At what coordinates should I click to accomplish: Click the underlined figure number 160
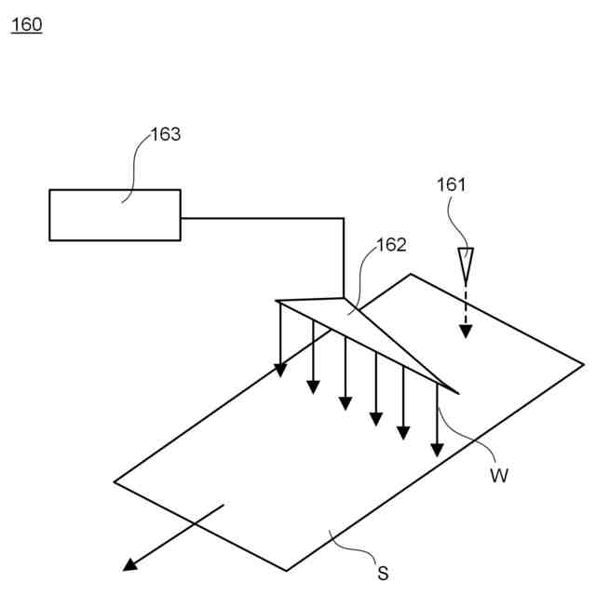click(x=26, y=24)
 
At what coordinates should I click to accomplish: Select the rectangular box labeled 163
click(x=115, y=215)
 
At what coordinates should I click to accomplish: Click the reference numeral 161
click(x=451, y=184)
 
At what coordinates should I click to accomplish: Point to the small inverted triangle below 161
click(x=467, y=262)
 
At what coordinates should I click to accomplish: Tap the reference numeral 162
click(x=391, y=246)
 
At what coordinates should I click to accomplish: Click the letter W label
click(x=499, y=476)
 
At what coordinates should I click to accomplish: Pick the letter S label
click(x=382, y=574)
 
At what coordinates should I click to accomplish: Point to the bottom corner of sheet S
click(x=286, y=571)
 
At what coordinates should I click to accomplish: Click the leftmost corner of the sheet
click(x=115, y=481)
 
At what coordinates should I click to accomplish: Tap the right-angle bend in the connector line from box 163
click(x=344, y=218)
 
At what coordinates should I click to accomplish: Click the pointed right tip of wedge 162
click(x=458, y=392)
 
